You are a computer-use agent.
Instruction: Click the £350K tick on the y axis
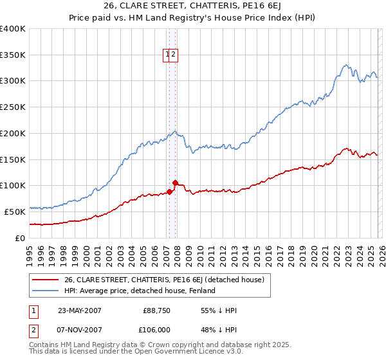[x=13, y=55]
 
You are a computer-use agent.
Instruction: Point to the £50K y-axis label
[x=15, y=212]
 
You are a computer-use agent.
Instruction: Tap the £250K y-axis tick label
[x=13, y=107]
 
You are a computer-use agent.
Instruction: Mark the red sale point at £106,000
[x=175, y=183]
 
